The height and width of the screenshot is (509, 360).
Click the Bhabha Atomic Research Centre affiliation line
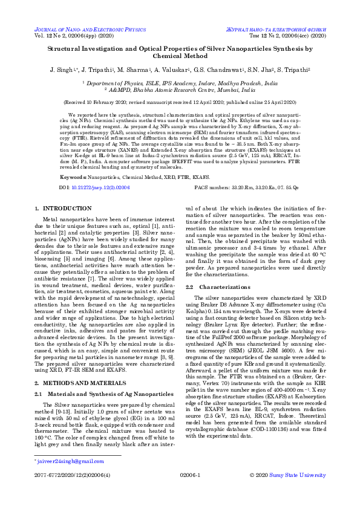click(180, 89)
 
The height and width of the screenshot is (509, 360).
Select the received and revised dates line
click(180, 103)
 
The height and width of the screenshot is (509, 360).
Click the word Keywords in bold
click(73, 160)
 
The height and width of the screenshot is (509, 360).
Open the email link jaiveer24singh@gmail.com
click(64, 461)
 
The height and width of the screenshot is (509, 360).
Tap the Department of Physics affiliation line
click(180, 82)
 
